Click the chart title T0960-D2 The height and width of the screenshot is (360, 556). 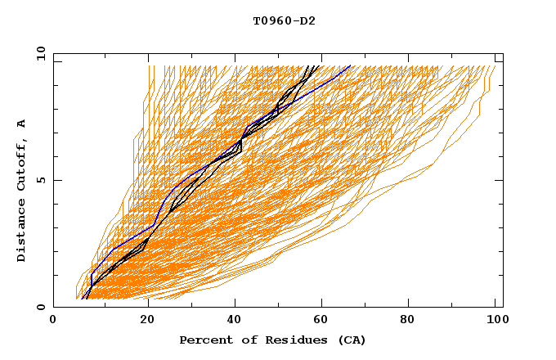[x=284, y=20]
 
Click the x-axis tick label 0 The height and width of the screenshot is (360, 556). [x=53, y=321]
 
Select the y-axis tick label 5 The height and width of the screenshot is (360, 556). [x=43, y=180]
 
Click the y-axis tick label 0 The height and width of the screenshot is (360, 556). [x=43, y=307]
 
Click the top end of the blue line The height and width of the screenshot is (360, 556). [x=350, y=65]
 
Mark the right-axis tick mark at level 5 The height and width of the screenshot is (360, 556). [x=499, y=180]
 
